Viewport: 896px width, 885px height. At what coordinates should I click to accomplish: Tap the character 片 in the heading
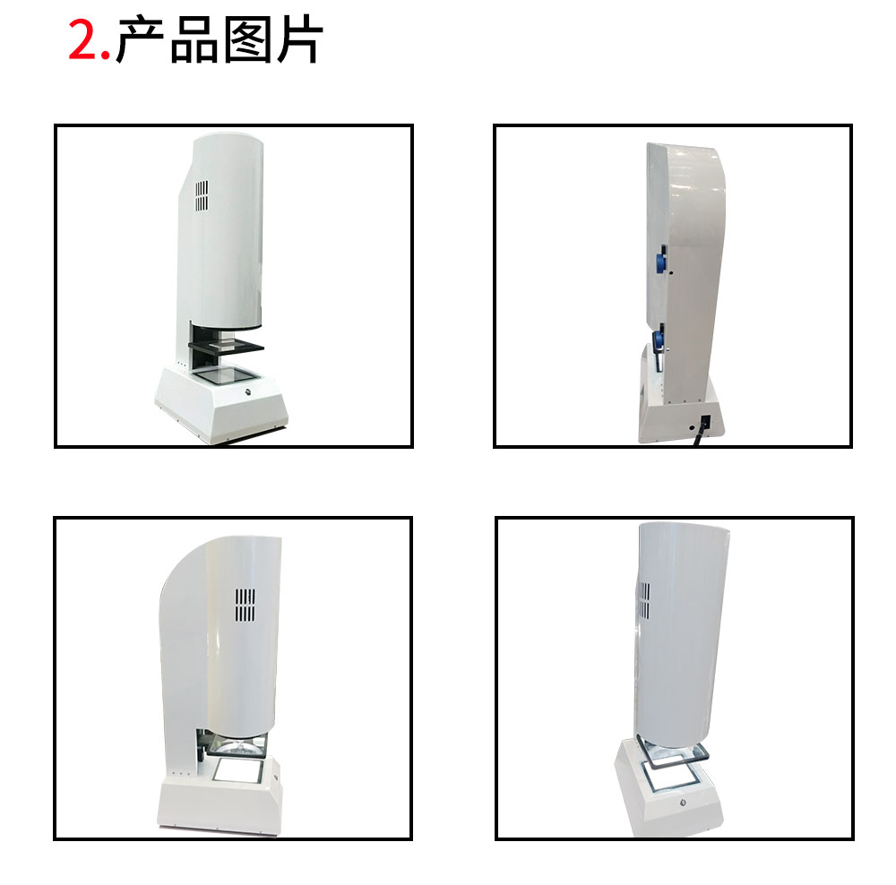pyautogui.click(x=297, y=40)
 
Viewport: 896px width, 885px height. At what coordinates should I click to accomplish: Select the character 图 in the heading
pyautogui.click(x=246, y=40)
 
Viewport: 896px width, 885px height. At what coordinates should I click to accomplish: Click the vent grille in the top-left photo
pyautogui.click(x=202, y=196)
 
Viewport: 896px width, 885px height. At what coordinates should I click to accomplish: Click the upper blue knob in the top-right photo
pyautogui.click(x=664, y=261)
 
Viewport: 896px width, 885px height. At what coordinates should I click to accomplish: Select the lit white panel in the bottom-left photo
pyautogui.click(x=238, y=769)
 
